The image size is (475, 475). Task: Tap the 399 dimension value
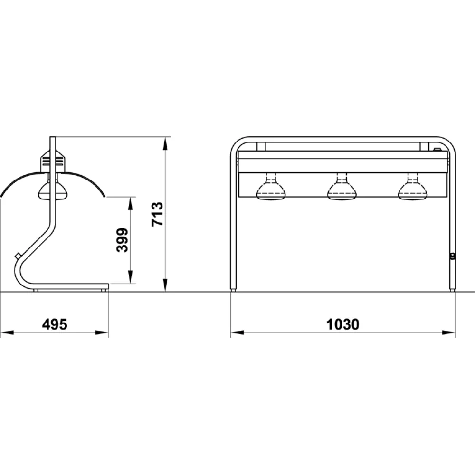pyautogui.click(x=123, y=240)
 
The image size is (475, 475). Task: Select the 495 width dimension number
pyautogui.click(x=55, y=324)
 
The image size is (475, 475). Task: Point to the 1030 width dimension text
pyautogui.click(x=343, y=324)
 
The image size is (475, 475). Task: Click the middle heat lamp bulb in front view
pyautogui.click(x=341, y=189)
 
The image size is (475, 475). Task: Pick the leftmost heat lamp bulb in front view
pyautogui.click(x=271, y=189)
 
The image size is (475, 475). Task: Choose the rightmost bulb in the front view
pyautogui.click(x=412, y=189)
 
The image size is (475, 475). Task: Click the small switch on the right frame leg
pyautogui.click(x=452, y=256)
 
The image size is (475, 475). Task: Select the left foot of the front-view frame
pyautogui.click(x=233, y=289)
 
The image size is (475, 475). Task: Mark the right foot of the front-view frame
pyautogui.click(x=453, y=289)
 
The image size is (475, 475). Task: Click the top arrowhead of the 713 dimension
pyautogui.click(x=165, y=142)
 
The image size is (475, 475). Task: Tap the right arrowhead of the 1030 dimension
pyautogui.click(x=450, y=332)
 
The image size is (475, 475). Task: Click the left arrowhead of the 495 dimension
pyautogui.click(x=6, y=332)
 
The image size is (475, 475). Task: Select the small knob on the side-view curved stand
pyautogui.click(x=18, y=256)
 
